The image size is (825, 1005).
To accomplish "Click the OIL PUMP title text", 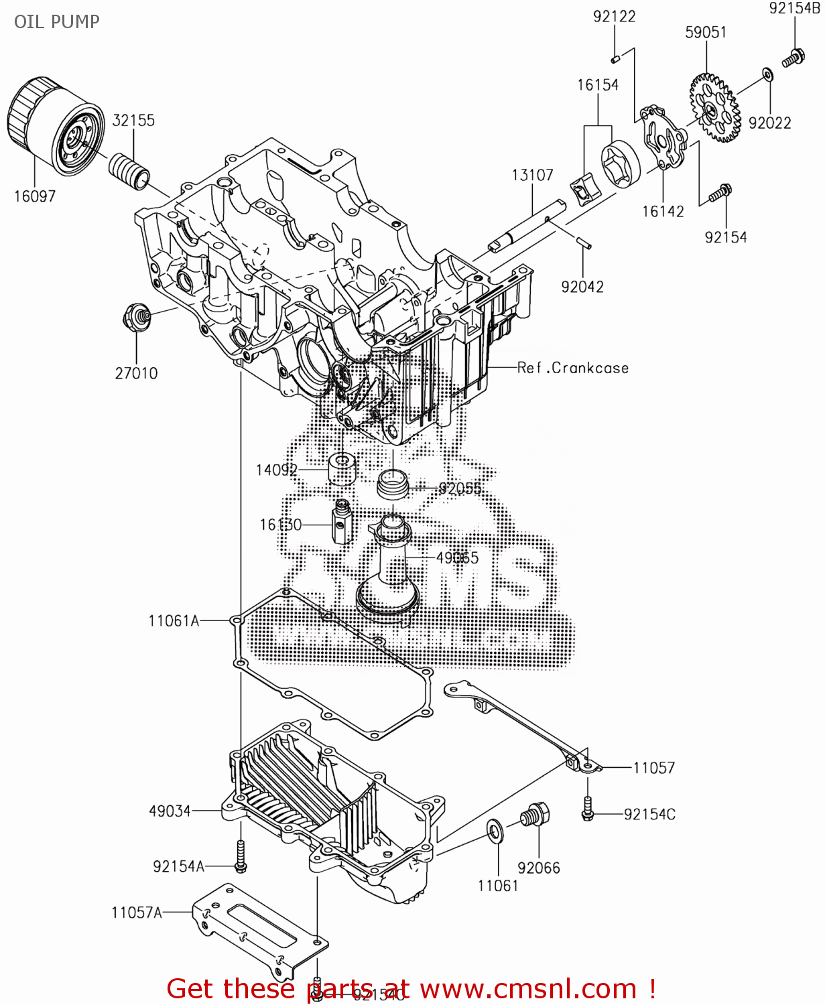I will [57, 21].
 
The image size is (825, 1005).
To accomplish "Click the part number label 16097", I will [35, 196].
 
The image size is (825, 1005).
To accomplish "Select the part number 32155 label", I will [133, 121].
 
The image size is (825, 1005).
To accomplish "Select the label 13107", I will [533, 175].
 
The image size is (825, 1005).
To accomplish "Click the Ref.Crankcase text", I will [573, 368].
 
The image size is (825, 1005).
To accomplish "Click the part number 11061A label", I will [174, 621].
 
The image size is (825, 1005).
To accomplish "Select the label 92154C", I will [649, 814].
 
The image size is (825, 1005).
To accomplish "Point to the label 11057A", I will [137, 913].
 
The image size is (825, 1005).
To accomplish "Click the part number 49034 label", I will [170, 811].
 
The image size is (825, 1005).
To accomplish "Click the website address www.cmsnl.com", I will [528, 989].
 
